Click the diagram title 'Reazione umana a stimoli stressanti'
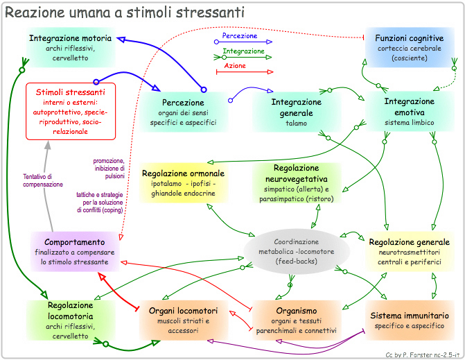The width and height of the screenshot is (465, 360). [124, 12]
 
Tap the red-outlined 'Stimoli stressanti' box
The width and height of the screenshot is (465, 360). [70, 110]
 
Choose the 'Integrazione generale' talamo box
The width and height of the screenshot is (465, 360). [295, 112]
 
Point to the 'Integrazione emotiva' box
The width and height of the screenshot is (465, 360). [409, 111]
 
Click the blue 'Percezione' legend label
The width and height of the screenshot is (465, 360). [240, 35]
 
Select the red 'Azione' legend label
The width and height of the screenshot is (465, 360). [236, 66]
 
